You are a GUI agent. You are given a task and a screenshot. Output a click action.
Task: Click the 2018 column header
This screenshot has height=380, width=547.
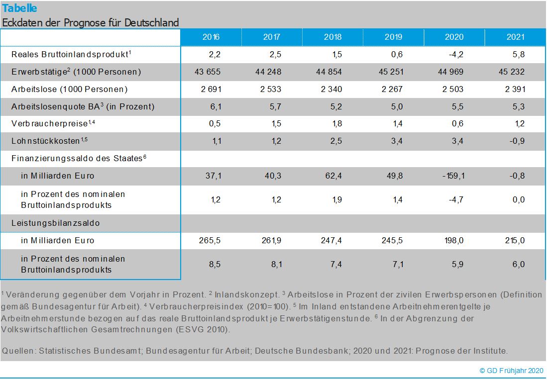pos(332,37)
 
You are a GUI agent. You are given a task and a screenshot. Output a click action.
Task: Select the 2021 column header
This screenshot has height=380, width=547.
pos(516,37)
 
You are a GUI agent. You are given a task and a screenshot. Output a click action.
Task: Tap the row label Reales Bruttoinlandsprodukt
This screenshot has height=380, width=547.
pos(71,54)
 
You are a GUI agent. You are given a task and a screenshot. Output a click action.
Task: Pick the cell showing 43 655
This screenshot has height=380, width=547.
pos(208,72)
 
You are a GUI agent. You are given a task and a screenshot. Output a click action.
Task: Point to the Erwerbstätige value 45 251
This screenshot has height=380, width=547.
pos(391,72)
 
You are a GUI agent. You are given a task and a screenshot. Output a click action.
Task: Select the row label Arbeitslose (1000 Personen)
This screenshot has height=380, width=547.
pos(69,90)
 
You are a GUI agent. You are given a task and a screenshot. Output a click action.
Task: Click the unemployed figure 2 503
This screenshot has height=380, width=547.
pos(452,90)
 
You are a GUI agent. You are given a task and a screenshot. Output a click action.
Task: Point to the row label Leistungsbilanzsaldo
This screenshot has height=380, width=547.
pos(55,223)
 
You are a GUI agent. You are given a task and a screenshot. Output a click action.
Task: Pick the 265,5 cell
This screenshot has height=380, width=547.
pos(210,240)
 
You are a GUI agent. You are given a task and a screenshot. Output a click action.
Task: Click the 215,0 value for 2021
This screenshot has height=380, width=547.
pos(515,240)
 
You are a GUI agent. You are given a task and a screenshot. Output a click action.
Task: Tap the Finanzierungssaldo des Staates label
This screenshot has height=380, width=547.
pos(78,158)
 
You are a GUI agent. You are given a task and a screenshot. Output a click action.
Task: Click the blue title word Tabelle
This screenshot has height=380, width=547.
pos(19,8)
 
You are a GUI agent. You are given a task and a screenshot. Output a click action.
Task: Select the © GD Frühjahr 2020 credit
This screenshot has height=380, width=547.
pos(511,371)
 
